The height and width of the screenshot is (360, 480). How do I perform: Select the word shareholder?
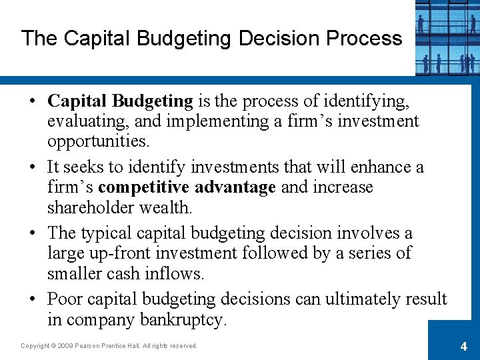click(x=91, y=207)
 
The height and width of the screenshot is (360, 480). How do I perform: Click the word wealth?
click(x=165, y=207)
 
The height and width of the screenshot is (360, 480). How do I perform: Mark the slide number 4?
click(x=463, y=347)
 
